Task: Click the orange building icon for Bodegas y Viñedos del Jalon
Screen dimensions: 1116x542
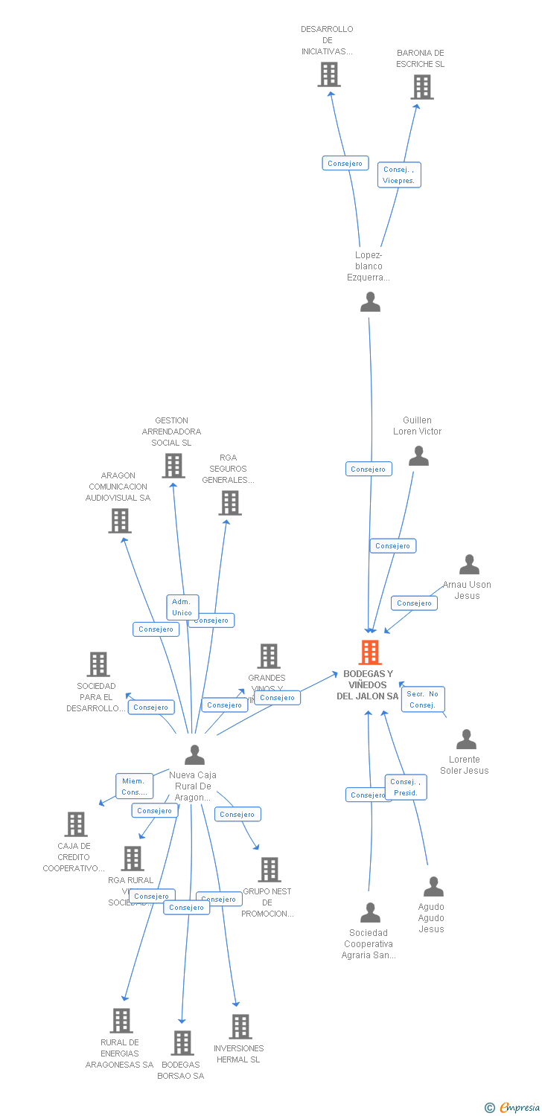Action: click(369, 652)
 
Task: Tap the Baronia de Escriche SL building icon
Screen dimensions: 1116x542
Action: click(421, 87)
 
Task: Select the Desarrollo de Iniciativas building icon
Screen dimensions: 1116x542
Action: click(328, 74)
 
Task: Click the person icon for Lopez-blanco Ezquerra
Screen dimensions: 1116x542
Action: click(370, 302)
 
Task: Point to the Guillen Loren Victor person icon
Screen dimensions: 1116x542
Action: click(418, 456)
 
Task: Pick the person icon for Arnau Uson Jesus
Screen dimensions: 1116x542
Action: click(469, 565)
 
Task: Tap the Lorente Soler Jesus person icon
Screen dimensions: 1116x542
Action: click(466, 739)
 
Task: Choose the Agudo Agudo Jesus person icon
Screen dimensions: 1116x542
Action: click(433, 887)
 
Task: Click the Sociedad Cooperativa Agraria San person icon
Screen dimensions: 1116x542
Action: click(370, 913)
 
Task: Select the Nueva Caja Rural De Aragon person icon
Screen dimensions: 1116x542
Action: click(194, 755)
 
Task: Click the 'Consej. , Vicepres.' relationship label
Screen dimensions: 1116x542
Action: click(399, 175)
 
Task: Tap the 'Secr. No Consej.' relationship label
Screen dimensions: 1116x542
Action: click(423, 699)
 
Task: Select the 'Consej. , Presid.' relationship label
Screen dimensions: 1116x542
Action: click(406, 787)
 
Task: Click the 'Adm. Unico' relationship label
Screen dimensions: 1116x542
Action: click(182, 607)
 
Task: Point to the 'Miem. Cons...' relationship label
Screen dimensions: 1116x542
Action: click(134, 786)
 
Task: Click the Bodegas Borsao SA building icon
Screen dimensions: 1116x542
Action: click(182, 1043)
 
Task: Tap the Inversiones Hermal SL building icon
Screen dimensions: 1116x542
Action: click(240, 1027)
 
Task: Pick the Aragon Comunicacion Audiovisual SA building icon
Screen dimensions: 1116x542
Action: click(119, 521)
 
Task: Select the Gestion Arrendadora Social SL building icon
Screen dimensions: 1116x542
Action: click(173, 466)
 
